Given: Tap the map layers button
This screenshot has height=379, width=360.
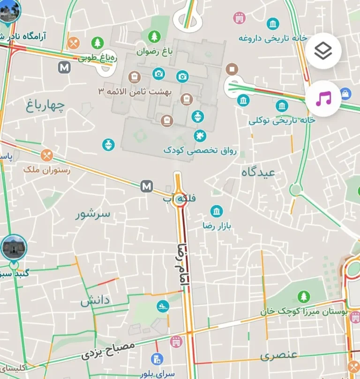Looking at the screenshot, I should (x=323, y=52).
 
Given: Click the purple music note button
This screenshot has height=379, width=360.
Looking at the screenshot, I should (x=323, y=98).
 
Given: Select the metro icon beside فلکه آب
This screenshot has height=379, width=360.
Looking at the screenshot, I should (x=147, y=186).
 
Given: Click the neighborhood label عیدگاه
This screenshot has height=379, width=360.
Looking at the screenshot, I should (x=258, y=172).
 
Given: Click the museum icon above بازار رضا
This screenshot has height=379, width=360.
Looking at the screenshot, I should (x=217, y=212).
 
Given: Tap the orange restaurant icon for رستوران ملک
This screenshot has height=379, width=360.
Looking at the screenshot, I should (x=46, y=155).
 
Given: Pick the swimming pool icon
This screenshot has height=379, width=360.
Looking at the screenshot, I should (x=163, y=306).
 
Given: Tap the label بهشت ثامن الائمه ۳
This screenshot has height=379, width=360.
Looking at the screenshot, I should (x=135, y=91).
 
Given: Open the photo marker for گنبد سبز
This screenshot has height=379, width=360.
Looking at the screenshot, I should (x=13, y=247).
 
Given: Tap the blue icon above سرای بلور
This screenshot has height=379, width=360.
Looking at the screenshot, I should (x=157, y=360).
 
